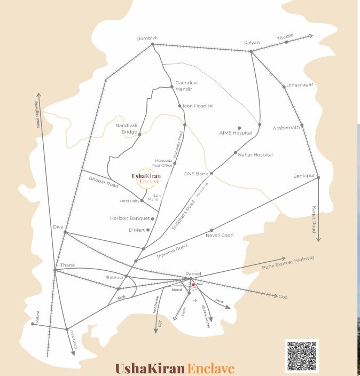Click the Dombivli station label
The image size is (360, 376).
(147, 38)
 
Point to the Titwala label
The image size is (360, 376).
(285, 38)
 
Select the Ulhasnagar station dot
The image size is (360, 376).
(284, 86)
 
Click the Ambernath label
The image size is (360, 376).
(286, 128)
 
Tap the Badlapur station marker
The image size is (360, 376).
(318, 177)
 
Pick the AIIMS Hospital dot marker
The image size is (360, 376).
(239, 128)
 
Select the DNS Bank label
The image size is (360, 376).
(195, 174)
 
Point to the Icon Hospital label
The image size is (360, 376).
(198, 106)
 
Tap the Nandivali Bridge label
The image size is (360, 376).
(127, 129)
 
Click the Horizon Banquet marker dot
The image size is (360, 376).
(153, 218)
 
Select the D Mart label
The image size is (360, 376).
(137, 230)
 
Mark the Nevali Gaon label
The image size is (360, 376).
(220, 236)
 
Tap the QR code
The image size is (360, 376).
(302, 356)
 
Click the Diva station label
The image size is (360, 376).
(58, 227)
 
